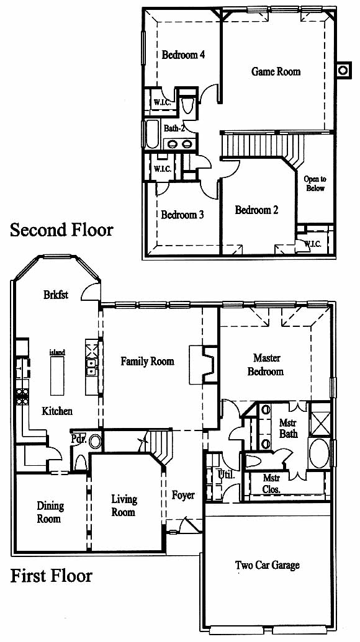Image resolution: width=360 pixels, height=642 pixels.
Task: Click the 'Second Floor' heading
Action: (x=61, y=230)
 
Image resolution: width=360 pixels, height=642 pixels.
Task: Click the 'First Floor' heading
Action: (x=51, y=576)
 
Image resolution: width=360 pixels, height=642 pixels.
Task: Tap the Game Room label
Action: (x=276, y=72)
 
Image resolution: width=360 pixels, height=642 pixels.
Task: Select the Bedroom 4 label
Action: (x=183, y=55)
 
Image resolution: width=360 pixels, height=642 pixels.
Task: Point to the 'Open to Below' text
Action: (x=315, y=184)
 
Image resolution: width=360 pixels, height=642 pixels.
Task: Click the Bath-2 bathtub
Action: (x=152, y=134)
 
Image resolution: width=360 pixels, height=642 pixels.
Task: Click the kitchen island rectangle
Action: (x=57, y=376)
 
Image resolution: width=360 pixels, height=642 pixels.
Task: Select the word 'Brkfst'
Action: (x=56, y=295)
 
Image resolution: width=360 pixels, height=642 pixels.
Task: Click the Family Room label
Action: (x=147, y=362)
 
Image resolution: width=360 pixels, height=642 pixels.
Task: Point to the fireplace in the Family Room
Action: (x=203, y=365)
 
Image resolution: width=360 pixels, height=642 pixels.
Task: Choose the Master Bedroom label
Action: (x=267, y=365)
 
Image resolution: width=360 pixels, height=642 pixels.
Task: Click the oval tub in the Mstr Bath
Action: (x=319, y=453)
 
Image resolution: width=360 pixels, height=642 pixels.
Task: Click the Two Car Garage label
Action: (x=267, y=566)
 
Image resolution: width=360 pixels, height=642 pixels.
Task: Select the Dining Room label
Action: (x=50, y=512)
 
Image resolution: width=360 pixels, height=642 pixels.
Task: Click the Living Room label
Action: (x=124, y=506)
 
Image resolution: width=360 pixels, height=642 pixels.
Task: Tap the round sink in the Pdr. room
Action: (x=96, y=442)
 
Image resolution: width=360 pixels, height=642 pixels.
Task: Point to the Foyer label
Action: (x=183, y=496)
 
